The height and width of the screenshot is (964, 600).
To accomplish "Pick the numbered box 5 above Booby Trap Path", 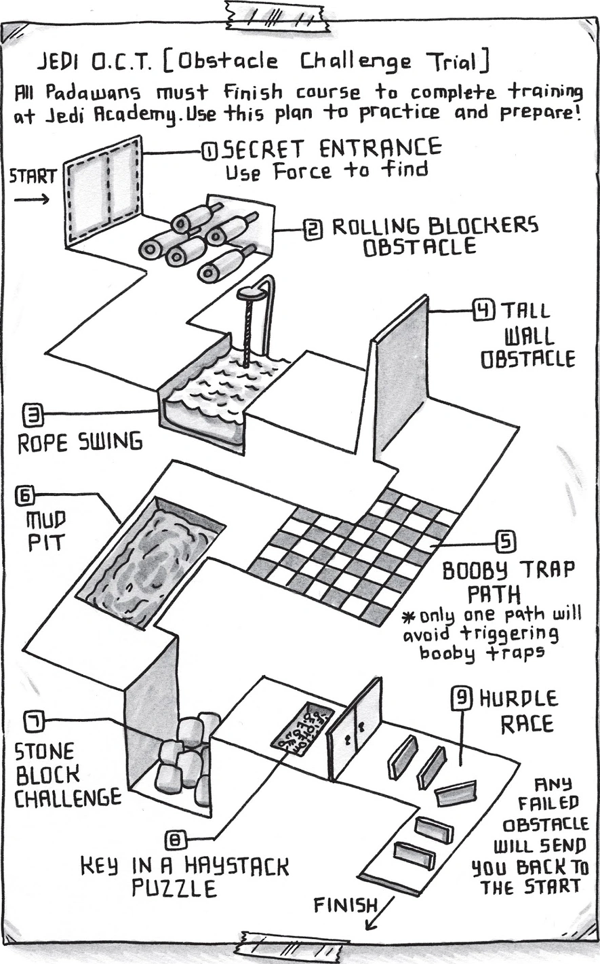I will (x=506, y=542).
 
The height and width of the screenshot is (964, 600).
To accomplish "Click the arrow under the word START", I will (x=31, y=199).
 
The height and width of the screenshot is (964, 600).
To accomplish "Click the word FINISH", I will (x=345, y=905).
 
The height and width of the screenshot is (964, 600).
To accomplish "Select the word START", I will (x=33, y=177).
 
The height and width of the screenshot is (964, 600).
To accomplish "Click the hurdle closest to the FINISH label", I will (x=414, y=855).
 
